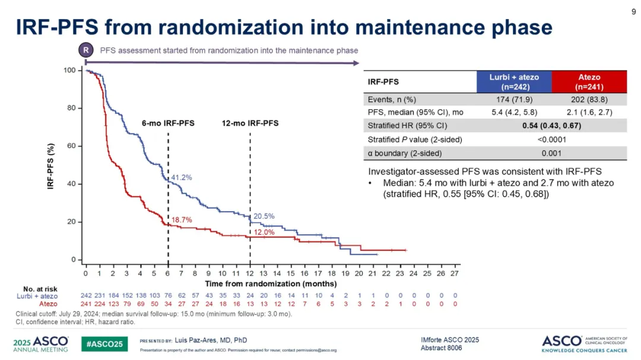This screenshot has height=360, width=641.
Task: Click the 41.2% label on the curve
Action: pos(182,177)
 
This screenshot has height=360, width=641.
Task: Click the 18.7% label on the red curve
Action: pos(182,220)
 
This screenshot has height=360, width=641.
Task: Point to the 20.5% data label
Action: pos(264,216)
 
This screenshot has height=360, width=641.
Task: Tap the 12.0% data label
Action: pos(264,232)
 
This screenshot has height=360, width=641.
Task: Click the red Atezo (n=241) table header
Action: pos(589,81)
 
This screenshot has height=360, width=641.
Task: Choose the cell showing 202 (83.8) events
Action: pos(589,99)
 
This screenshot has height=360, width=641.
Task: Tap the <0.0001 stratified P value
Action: pos(551,139)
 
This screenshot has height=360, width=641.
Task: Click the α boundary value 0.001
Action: pos(551,153)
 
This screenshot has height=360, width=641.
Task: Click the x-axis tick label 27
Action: pos(455,273)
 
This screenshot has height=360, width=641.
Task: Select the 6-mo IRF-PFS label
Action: pos(168,123)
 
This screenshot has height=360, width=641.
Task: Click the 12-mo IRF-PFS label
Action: pos(250,123)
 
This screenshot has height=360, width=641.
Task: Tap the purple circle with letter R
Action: pos(86,50)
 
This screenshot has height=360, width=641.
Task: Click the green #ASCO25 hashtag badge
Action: pos(104,343)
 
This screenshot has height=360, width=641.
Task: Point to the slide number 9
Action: pos(633,9)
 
